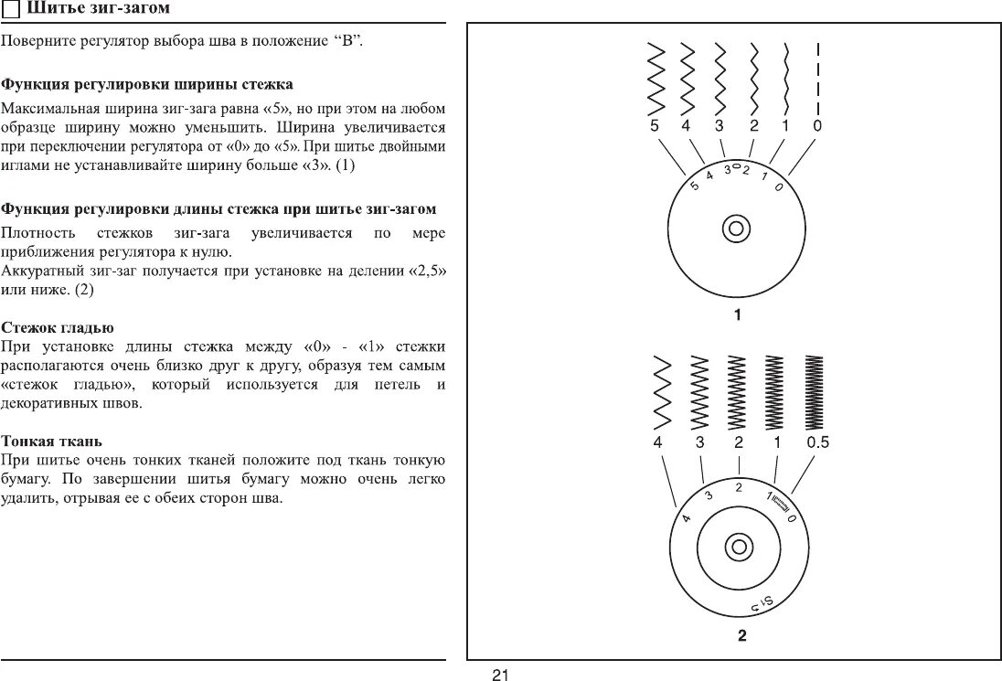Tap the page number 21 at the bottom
pos(500,675)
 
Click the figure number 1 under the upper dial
pos(736,315)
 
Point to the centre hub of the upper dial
pos(736,229)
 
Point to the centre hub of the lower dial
pos(738,548)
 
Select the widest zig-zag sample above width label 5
pos(656,78)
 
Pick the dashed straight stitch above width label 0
pos(817,78)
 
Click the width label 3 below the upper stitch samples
pos(720,126)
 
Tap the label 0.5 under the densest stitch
pos(817,442)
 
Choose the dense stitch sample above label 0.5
pos(813,391)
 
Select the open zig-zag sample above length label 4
pos(662,391)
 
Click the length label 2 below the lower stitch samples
pos(738,442)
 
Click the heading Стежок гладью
pos(58,326)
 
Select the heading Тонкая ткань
pos(51,440)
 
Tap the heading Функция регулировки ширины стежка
pos(147,84)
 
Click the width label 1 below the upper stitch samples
pos(784,126)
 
